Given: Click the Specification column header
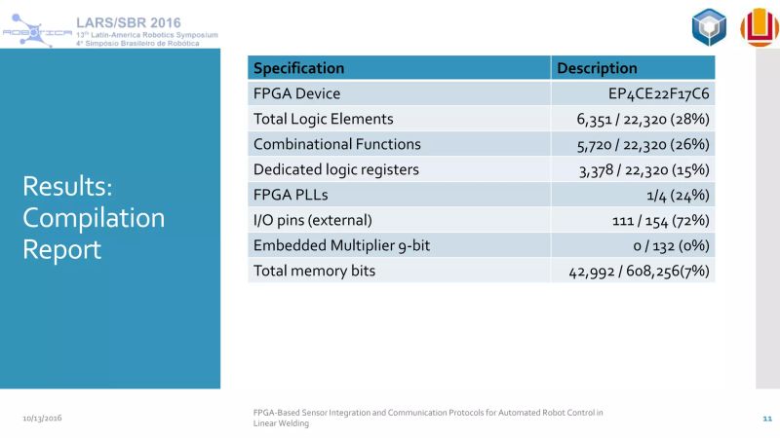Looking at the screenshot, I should click(298, 68).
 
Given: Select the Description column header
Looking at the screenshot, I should click(596, 68).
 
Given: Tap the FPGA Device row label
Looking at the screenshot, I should click(296, 93).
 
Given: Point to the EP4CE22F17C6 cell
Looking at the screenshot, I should click(658, 93).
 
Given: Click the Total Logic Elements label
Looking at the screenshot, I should click(323, 119).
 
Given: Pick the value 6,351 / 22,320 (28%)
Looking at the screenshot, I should click(643, 119).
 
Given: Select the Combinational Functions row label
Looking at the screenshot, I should click(336, 144).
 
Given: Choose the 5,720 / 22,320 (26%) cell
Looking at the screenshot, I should click(643, 144).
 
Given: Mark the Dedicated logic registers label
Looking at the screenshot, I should click(335, 169).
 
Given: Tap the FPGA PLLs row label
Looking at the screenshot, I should click(290, 195).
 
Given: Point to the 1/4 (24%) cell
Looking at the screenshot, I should click(675, 195).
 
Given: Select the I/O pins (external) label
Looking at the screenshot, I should click(312, 220).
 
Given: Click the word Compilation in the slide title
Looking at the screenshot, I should click(94, 217).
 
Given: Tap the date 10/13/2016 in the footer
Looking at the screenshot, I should click(43, 418).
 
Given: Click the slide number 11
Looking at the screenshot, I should click(766, 418).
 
